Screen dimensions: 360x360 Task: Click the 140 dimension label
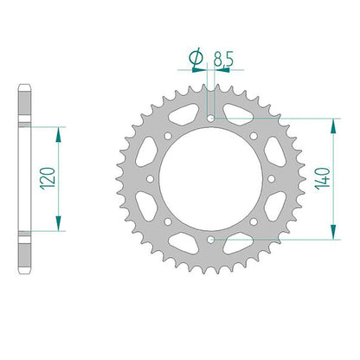[x=323, y=179]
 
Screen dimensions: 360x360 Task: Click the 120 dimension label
[x=48, y=178]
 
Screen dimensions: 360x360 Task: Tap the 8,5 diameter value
[x=223, y=60]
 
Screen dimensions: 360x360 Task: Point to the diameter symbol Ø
[x=196, y=58]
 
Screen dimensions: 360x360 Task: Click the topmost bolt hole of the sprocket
[x=211, y=119]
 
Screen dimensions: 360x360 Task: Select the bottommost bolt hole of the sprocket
[x=211, y=239]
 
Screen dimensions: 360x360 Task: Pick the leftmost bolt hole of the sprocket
[x=151, y=179]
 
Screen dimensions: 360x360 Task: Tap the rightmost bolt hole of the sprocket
[x=272, y=179]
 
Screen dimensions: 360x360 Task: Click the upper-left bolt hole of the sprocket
[x=168, y=136]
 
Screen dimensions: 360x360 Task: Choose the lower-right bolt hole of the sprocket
[x=254, y=222]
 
